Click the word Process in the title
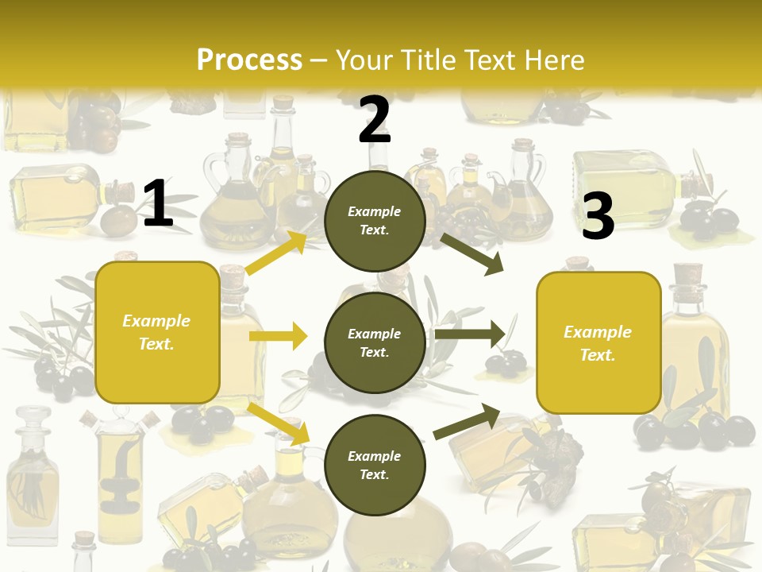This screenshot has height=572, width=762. coord(249,60)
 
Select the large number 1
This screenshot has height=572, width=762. coord(158,204)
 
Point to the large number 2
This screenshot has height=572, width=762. coord(375,120)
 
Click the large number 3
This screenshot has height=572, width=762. coord(598,216)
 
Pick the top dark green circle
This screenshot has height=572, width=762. coord(375,221)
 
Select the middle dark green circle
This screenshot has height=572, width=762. coord(375,342)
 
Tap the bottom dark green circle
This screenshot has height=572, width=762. coord(375,465)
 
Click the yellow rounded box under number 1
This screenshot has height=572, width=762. coord(157,332)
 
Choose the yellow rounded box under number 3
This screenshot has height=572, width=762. coord(598,342)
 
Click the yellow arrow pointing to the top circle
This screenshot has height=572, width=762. coord(276,253)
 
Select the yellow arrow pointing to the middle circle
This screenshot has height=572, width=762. coord(278,336)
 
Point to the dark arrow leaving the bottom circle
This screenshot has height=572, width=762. coord(467,421)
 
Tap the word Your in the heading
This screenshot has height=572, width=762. coord(364,60)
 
